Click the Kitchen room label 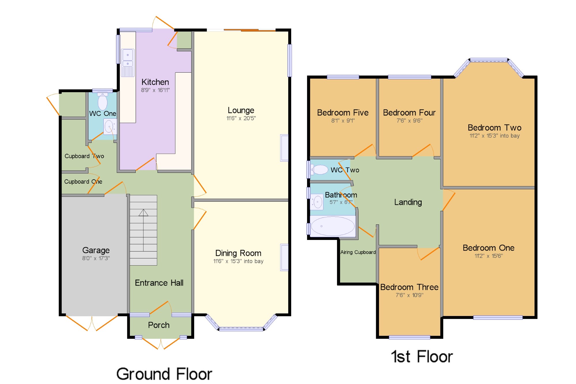tap(155, 82)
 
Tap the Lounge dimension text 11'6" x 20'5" tap(241, 118)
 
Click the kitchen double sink tap(128, 63)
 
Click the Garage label tap(96, 250)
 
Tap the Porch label tap(159, 325)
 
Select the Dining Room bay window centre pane tap(241, 329)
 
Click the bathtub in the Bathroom tap(333, 226)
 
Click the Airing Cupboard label tap(358, 252)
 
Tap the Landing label tap(408, 202)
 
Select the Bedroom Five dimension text tap(343, 121)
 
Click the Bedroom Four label tap(409, 113)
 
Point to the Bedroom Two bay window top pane tap(489, 60)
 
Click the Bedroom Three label tap(409, 287)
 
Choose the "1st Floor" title tap(422, 357)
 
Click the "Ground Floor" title tap(164, 374)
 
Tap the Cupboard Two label tap(84, 156)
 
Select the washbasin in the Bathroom tap(317, 202)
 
